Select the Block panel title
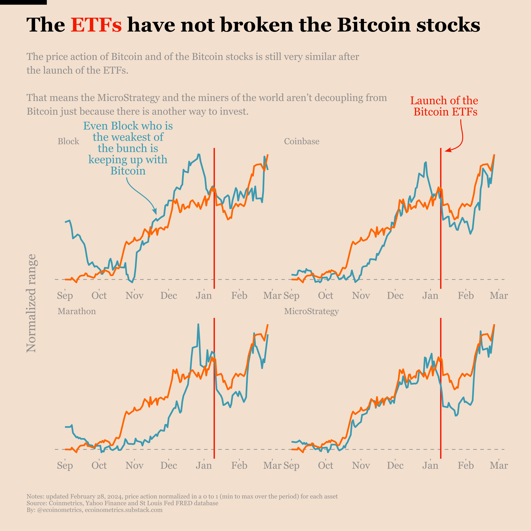(x=68, y=141)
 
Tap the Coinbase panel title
(x=302, y=141)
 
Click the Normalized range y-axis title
(x=31, y=303)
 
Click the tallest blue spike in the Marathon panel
(x=198, y=325)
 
